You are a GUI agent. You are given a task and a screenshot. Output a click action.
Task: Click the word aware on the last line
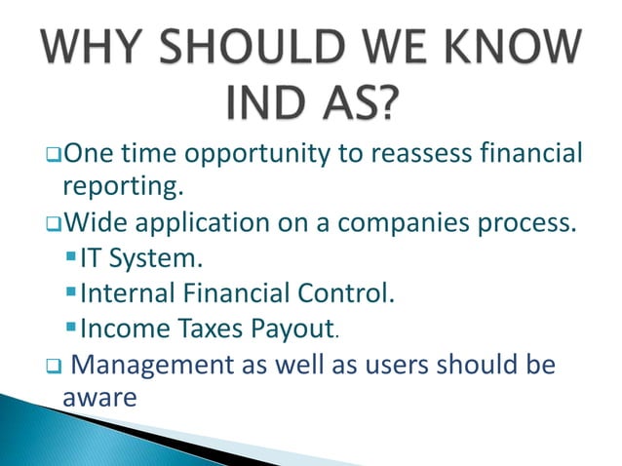97,398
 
